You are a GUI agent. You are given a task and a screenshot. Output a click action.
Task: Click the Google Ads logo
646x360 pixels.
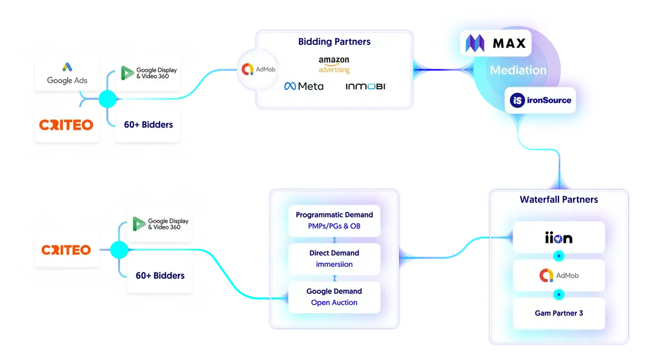click(67, 74)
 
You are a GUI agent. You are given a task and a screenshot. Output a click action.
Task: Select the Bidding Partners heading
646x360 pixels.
click(334, 42)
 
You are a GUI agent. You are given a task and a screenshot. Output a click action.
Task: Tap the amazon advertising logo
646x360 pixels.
click(334, 65)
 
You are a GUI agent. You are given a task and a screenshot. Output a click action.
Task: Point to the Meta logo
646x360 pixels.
click(304, 86)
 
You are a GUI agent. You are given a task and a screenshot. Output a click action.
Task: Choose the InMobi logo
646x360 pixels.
click(365, 86)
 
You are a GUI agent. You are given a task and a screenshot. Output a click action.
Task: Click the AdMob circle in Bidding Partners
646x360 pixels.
click(258, 69)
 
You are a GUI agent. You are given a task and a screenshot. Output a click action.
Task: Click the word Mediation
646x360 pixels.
click(518, 70)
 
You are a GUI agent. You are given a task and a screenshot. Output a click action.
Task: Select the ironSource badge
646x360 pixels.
click(540, 100)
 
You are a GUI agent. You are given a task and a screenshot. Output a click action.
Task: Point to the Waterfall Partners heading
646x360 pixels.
click(559, 199)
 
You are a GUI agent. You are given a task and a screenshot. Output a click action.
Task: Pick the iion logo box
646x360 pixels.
click(559, 238)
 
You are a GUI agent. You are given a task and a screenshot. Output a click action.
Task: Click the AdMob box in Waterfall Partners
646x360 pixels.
click(559, 276)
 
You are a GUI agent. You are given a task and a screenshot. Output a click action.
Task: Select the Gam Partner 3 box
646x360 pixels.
click(559, 313)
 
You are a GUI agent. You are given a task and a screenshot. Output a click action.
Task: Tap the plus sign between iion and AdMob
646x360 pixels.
click(559, 256)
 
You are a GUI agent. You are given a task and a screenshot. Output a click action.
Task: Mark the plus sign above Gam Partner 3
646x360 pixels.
click(559, 294)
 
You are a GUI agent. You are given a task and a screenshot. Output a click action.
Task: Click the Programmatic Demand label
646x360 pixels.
click(334, 214)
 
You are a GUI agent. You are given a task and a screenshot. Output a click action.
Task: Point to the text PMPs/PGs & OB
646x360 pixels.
click(334, 226)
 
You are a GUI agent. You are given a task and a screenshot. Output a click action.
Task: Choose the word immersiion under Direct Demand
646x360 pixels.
click(334, 264)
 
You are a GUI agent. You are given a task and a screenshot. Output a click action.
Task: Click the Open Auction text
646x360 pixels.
click(334, 303)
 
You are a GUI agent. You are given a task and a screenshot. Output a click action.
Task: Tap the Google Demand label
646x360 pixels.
click(334, 291)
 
